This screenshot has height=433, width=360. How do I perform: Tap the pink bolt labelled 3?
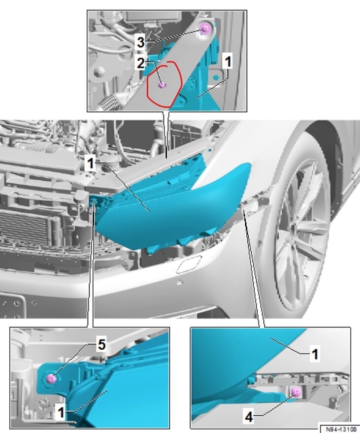click(205, 31)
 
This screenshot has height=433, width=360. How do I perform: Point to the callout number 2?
click(140, 63)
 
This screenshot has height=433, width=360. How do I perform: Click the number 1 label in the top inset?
click(228, 63)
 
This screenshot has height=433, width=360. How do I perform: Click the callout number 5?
click(101, 345)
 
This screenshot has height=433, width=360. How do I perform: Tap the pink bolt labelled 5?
click(50, 378)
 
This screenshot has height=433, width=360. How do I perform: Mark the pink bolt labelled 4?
click(295, 392)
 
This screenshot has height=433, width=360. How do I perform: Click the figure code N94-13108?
click(339, 428)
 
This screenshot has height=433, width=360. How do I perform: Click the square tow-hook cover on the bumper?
click(187, 266)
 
